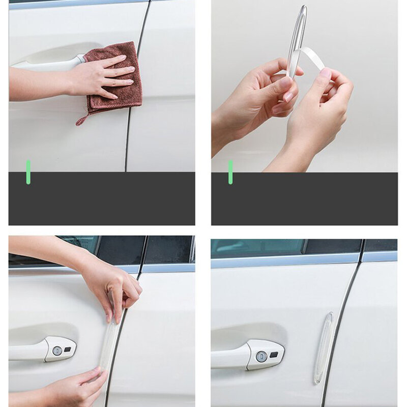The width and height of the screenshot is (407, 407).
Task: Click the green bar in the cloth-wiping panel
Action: pyautogui.click(x=28, y=172)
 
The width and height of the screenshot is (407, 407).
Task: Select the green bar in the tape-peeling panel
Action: pyautogui.click(x=230, y=172)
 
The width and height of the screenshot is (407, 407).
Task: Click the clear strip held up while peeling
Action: pyautogui.click(x=298, y=36)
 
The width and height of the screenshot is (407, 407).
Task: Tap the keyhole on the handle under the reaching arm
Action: pyautogui.click(x=57, y=351)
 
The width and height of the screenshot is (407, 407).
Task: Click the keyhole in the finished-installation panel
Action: pyautogui.click(x=261, y=356)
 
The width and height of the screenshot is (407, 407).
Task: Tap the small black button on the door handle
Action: pyautogui.click(x=275, y=354)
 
